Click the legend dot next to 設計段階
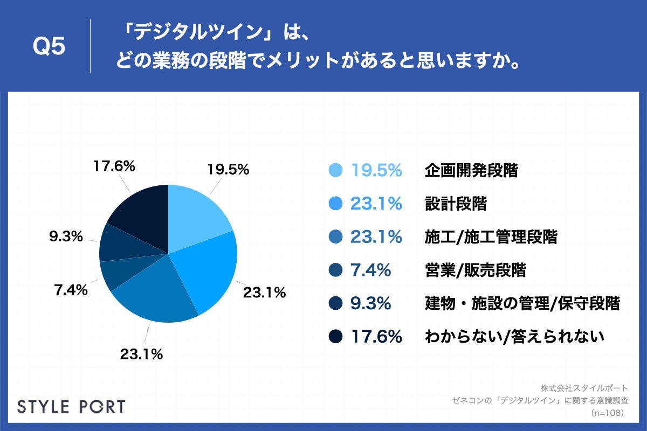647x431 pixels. tap(335, 204)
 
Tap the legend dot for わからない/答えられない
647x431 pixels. tap(335, 337)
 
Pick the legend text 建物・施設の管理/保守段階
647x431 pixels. tap(522, 304)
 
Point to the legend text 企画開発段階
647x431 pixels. tap(471, 171)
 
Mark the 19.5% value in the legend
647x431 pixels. tap(376, 171)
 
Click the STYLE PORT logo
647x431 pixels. tap(71, 406)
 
